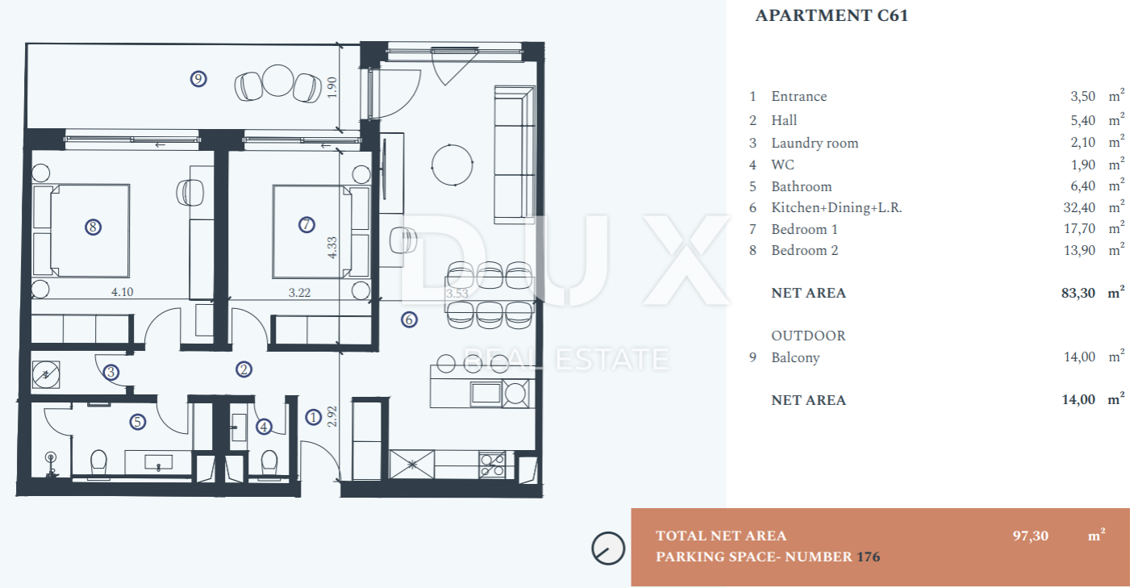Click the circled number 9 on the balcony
[x=198, y=79]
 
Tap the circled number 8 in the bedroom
[x=93, y=227]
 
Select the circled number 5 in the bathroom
[x=138, y=422]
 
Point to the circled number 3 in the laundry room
[x=110, y=373]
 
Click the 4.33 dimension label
[x=332, y=248]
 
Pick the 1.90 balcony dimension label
[x=331, y=88]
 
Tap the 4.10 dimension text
[x=122, y=292]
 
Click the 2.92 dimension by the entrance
[x=332, y=416]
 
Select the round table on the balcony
[x=278, y=81]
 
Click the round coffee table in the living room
[x=452, y=165]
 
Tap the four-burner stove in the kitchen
[x=491, y=465]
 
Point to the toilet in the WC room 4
[x=269, y=463]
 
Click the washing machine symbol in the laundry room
[x=45, y=375]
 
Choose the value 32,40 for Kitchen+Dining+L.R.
[x=1079, y=207]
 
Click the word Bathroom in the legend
[x=802, y=186]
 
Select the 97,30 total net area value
[x=1030, y=536]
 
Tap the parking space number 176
[x=868, y=557]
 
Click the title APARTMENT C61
[x=832, y=15]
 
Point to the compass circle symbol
[x=608, y=548]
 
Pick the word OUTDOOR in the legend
[x=808, y=336]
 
